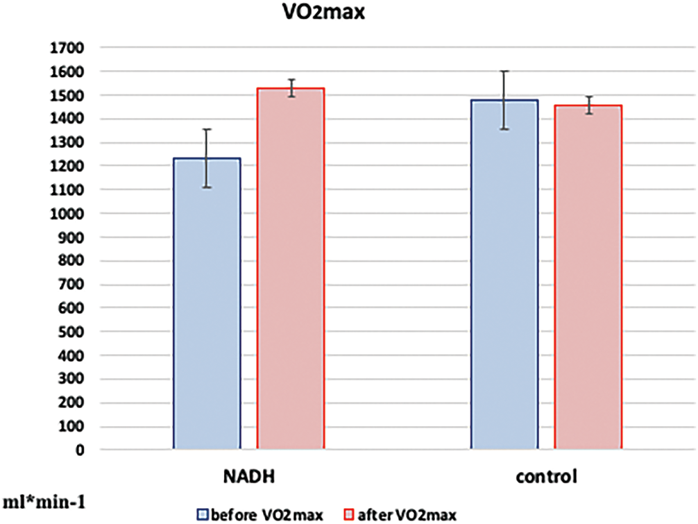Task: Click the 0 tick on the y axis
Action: point(79,450)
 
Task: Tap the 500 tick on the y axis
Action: point(71,332)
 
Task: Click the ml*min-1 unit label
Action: point(43,501)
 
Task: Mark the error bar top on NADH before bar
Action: point(207,129)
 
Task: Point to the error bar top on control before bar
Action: point(504,71)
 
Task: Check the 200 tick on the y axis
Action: point(71,403)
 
